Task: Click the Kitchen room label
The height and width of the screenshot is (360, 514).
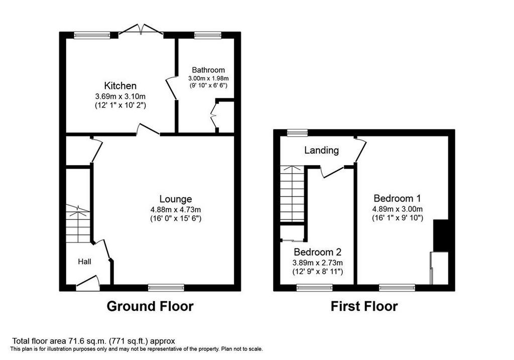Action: coord(120,86)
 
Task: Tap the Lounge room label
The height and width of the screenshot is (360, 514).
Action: coord(176,199)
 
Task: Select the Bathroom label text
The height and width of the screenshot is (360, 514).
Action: coord(208,70)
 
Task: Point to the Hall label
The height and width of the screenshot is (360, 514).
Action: coord(84,262)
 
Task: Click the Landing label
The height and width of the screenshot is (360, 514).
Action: coord(322,151)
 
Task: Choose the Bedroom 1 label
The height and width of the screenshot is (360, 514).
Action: coord(398,198)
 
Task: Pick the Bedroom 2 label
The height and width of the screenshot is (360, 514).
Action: coord(318,252)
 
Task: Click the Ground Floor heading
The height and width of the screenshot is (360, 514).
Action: coord(150,306)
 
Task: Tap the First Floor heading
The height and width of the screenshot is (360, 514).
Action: coord(364,306)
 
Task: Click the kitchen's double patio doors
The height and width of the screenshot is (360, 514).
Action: coord(141,29)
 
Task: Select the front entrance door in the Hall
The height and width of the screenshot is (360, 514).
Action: coord(88,284)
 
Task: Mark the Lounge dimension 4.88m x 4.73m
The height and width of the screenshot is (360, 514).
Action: coord(176,209)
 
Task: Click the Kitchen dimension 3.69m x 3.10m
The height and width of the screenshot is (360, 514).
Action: coord(120,96)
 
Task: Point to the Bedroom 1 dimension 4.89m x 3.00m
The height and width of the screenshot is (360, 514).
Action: coord(398,209)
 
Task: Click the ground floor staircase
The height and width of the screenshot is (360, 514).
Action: coord(78,223)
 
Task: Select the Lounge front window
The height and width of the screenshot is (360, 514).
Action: coord(166,288)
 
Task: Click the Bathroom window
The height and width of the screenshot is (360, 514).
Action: coord(207,35)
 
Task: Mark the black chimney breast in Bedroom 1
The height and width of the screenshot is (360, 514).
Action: coord(441,235)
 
